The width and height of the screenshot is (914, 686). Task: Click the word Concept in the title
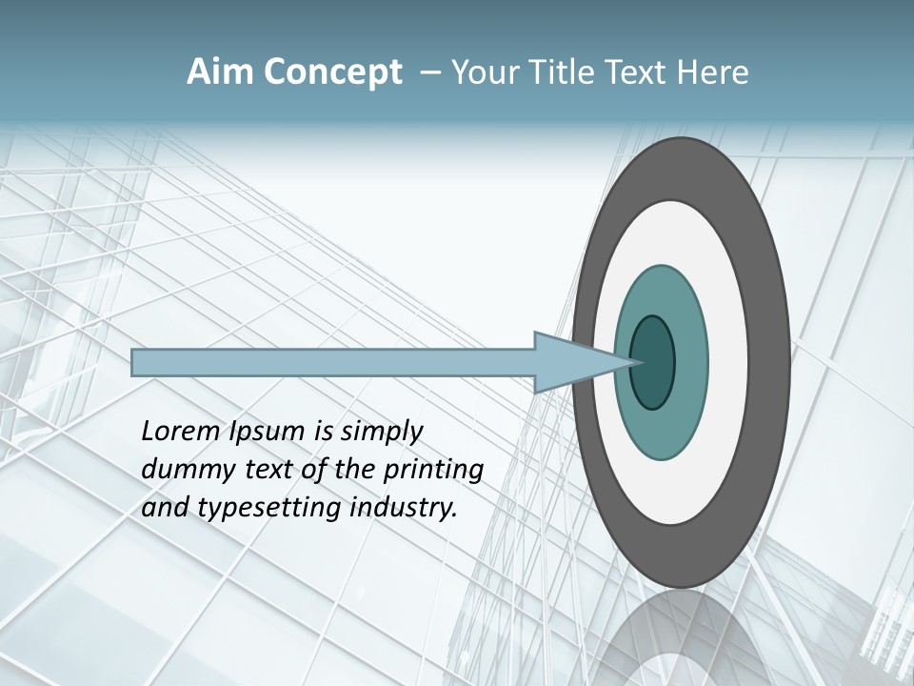pyautogui.click(x=331, y=72)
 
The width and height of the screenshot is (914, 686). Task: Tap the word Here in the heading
pyautogui.click(x=711, y=72)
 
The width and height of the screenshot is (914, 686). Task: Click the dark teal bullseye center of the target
pyautogui.click(x=653, y=363)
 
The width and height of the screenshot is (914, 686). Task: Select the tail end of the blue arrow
pyautogui.click(x=135, y=363)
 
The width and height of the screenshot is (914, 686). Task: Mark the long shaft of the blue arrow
pyautogui.click(x=333, y=363)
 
